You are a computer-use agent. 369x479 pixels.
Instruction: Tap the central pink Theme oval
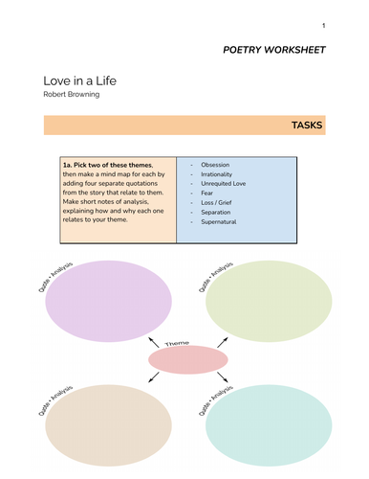pos(188,359)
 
